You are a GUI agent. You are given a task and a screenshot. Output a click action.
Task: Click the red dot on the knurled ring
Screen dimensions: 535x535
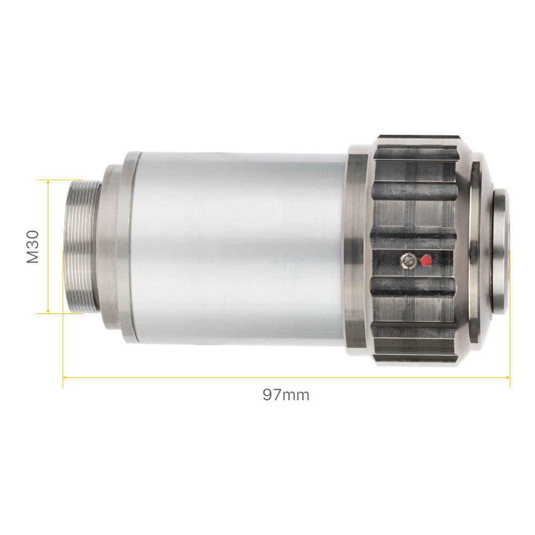[426, 261]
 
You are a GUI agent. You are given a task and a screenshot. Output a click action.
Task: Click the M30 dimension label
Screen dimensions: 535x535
[33, 247]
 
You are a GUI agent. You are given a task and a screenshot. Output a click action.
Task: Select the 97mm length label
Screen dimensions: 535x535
[286, 395]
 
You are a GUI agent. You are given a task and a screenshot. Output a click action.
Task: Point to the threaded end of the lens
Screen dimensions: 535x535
[82, 246]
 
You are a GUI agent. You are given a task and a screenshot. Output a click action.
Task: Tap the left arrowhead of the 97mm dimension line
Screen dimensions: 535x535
[65, 377]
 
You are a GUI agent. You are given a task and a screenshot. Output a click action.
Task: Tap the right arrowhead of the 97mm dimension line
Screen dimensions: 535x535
[508, 377]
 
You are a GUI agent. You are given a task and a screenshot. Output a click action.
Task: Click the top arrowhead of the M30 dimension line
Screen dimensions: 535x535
[48, 182]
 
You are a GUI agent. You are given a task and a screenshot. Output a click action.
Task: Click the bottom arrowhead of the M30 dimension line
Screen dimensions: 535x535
[48, 311]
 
